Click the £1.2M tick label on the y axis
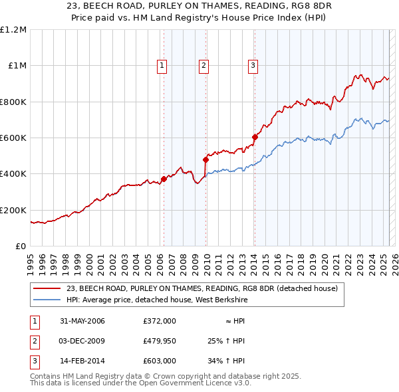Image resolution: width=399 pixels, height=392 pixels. pyautogui.click(x=14, y=30)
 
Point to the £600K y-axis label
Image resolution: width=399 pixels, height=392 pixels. pyautogui.click(x=13, y=138)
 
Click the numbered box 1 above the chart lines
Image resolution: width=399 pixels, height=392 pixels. pyautogui.click(x=162, y=65)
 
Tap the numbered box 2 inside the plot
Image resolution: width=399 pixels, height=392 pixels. pyautogui.click(x=203, y=65)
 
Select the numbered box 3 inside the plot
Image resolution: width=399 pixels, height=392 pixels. pyautogui.click(x=253, y=65)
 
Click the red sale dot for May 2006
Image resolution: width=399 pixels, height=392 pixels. pyautogui.click(x=164, y=179)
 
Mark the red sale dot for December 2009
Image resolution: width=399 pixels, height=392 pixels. pyautogui.click(x=205, y=159)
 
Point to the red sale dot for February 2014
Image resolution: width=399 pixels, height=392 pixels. pyautogui.click(x=255, y=137)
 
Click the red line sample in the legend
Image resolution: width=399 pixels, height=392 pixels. pyautogui.click(x=47, y=288)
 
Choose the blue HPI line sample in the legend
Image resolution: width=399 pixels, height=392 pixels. pyautogui.click(x=47, y=300)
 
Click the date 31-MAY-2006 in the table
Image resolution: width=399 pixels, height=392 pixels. pyautogui.click(x=82, y=321)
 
